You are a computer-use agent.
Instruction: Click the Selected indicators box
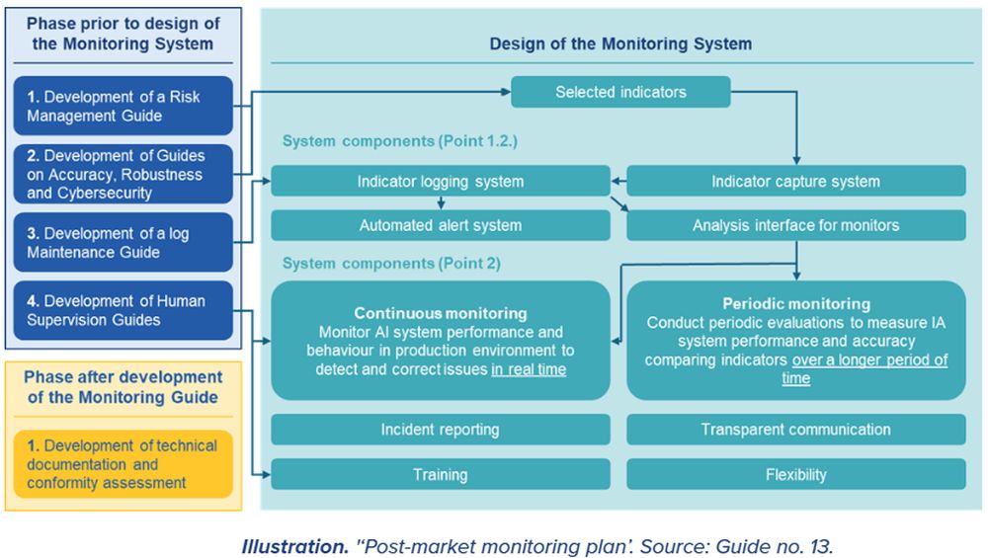tap(620, 93)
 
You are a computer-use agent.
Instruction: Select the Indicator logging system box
tap(441, 181)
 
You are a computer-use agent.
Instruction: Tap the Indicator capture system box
tap(795, 181)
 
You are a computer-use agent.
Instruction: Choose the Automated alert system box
tap(441, 225)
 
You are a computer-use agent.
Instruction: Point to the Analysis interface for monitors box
tap(795, 225)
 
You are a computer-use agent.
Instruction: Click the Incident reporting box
tap(441, 430)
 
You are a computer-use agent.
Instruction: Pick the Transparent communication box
tap(795, 430)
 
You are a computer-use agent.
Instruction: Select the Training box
tap(441, 475)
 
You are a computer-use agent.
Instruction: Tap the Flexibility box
tap(795, 475)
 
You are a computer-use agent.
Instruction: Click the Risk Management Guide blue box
tap(123, 106)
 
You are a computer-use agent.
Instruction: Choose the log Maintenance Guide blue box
tap(123, 243)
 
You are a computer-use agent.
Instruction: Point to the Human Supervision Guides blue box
tap(123, 310)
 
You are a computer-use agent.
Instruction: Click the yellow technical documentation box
tap(123, 464)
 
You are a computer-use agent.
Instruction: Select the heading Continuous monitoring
tap(441, 314)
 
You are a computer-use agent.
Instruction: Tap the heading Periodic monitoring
tap(795, 304)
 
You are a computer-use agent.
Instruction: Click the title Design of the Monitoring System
tap(620, 43)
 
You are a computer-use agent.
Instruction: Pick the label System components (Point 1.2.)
tap(399, 141)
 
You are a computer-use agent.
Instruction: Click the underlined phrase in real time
tap(529, 369)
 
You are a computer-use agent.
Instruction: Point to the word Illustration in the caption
tap(291, 543)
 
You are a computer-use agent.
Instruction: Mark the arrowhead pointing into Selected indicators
tap(504, 93)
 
